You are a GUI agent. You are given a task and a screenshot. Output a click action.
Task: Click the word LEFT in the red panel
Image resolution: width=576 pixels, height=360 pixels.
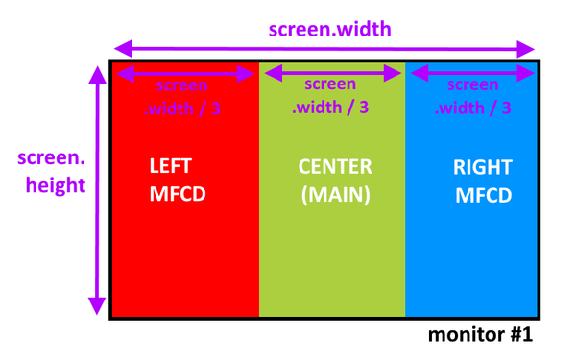coord(170,166)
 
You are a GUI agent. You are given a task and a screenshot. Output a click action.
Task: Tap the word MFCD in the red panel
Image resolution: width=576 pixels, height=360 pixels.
coord(178,195)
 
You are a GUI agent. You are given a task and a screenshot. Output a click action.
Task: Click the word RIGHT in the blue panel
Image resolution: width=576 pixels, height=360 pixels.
coord(482,167)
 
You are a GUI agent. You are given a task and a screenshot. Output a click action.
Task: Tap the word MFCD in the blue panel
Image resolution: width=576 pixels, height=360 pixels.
coord(482,195)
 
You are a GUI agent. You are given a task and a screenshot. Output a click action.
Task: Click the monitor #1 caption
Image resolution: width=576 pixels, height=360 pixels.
coord(479,336)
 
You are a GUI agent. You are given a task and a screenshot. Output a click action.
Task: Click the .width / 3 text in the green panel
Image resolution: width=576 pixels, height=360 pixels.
coord(330,107)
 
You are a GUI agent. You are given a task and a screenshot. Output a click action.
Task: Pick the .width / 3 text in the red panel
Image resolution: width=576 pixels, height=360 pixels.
coord(181,108)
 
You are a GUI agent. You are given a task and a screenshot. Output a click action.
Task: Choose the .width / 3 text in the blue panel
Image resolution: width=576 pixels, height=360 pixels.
coord(472,108)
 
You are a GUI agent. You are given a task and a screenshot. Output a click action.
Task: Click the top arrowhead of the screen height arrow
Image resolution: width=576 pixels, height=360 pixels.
coord(96,75)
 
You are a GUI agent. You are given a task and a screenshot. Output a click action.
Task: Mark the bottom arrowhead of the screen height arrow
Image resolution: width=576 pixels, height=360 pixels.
coord(96,305)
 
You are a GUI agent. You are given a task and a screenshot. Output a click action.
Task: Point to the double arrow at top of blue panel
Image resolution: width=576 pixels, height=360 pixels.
coord(472,72)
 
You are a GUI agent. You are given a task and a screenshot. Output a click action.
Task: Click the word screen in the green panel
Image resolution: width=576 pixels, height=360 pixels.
coord(330,85)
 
